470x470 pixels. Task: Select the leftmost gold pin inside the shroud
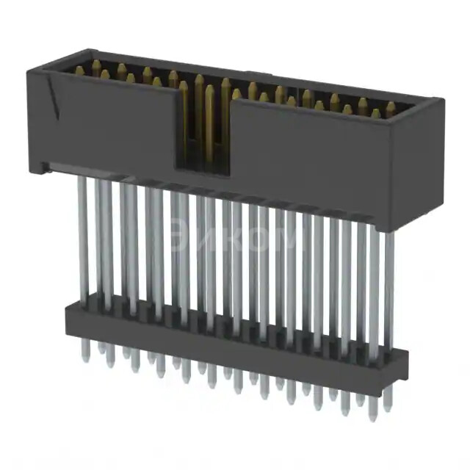[x=79, y=70]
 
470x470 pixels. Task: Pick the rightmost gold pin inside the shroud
[x=391, y=109]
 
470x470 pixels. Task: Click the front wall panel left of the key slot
[x=110, y=125]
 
